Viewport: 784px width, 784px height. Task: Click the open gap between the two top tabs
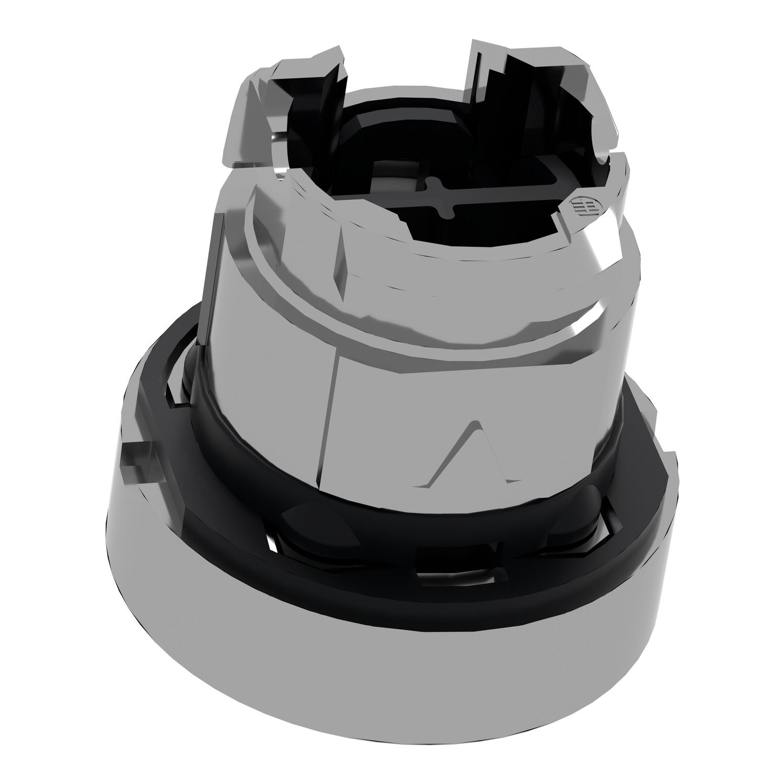point(408,78)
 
